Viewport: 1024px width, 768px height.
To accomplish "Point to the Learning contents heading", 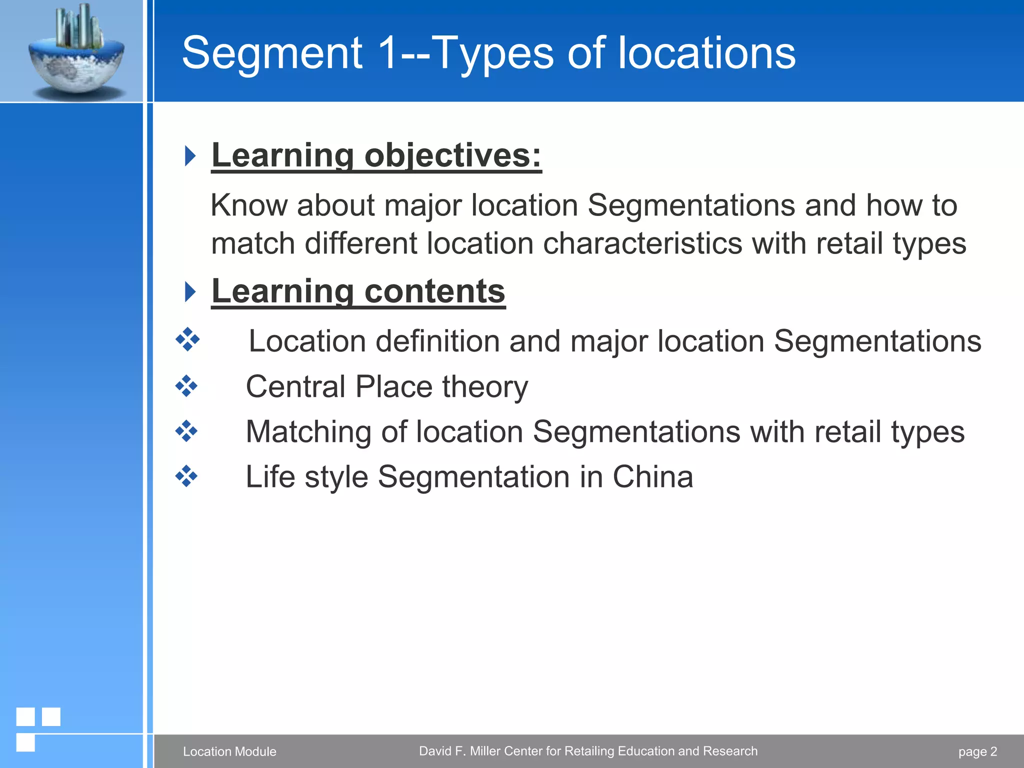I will pos(358,291).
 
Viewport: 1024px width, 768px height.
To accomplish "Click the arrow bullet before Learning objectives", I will pos(190,156).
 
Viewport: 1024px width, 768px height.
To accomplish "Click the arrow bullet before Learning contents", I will pos(190,291).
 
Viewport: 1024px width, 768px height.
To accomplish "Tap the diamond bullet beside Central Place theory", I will pos(186,386).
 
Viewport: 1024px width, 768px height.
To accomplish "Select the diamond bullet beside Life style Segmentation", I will pos(186,476).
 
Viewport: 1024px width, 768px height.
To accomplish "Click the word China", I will pos(652,476).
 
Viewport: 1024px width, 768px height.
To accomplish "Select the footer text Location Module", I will pos(229,751).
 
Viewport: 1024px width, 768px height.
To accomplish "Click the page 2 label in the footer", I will pos(977,751).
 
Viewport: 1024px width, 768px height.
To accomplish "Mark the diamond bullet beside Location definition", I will pos(187,340).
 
